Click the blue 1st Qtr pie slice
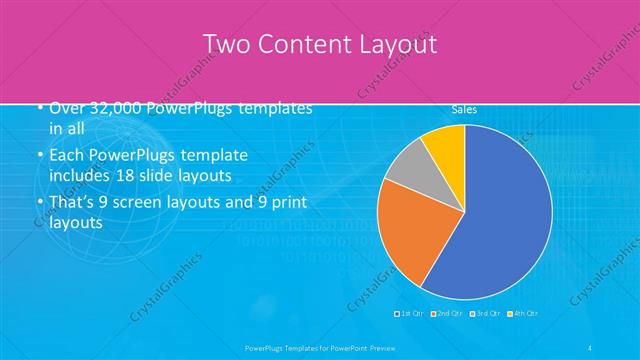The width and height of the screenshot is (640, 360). [x=500, y=210]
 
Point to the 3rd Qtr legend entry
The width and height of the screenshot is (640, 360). [x=485, y=314]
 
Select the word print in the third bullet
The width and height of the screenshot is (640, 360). [x=287, y=203]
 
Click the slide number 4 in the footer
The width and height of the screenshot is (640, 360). [x=592, y=347]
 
